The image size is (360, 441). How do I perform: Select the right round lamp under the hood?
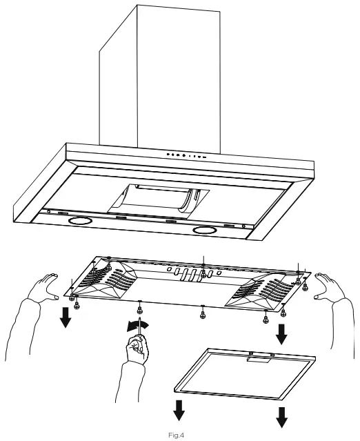tap(205, 229)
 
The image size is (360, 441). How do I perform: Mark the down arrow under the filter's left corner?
tap(179, 411)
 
